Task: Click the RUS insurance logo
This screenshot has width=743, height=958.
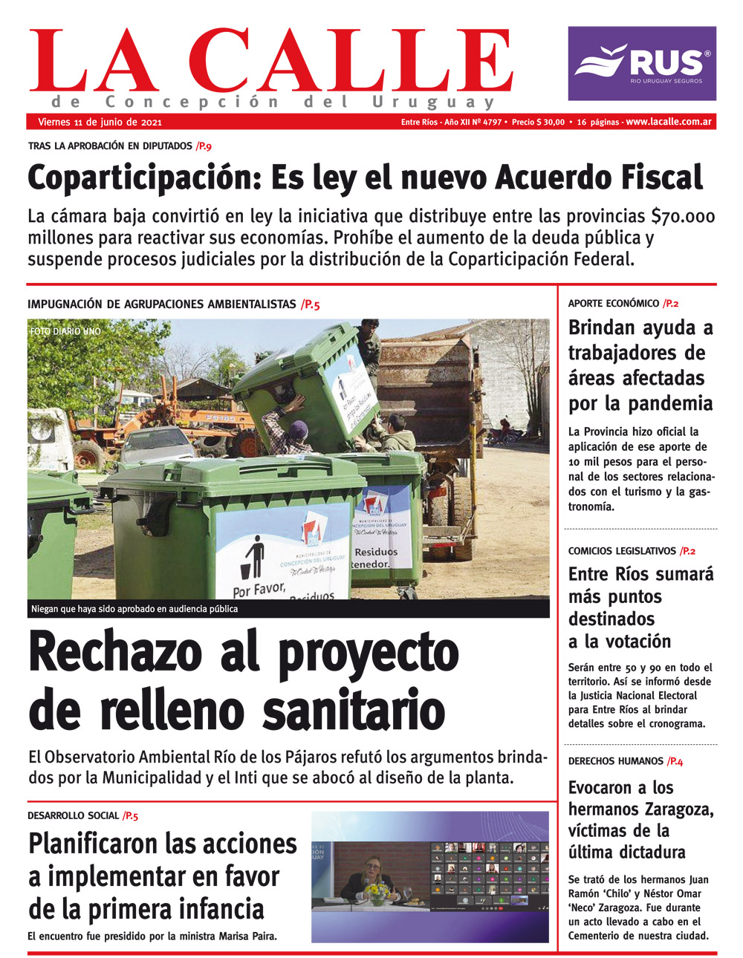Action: point(642,63)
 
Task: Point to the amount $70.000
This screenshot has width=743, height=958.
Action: point(683,217)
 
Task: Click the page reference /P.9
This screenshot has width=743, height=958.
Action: point(204,146)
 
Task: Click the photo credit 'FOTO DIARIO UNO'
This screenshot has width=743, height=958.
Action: point(65,331)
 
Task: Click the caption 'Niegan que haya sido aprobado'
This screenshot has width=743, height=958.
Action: point(134,609)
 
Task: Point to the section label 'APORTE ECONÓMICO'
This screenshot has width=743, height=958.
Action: point(613,304)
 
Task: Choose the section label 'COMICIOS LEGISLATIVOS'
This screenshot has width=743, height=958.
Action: point(622,551)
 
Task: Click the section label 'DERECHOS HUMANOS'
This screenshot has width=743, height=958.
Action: point(615,761)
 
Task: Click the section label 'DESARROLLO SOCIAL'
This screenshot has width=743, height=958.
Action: point(73,815)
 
